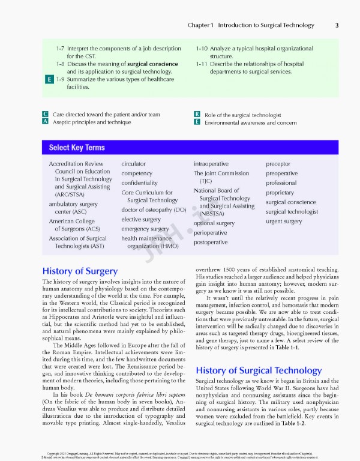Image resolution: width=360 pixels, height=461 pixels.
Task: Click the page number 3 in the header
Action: pyautogui.click(x=337, y=25)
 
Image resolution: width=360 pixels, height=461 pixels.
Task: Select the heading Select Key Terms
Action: pyautogui.click(x=77, y=148)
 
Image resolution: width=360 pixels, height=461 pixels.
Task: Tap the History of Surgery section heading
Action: pyautogui.click(x=80, y=271)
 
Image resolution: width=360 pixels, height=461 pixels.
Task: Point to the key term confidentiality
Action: pyautogui.click(x=139, y=182)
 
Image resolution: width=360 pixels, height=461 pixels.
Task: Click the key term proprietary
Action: pyautogui.click(x=280, y=193)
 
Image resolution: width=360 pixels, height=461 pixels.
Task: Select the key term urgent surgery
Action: pyautogui.click(x=284, y=221)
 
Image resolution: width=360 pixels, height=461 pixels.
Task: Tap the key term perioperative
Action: pyautogui.click(x=210, y=232)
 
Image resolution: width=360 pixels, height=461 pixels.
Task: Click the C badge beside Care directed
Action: pyautogui.click(x=46, y=114)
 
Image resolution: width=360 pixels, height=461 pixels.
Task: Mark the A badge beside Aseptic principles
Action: pyautogui.click(x=46, y=122)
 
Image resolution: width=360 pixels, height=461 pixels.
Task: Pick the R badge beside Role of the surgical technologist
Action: pyautogui.click(x=197, y=114)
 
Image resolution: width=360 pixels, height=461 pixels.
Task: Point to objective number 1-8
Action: pyautogui.click(x=60, y=64)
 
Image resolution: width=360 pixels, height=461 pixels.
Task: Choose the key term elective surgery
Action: pyautogui.click(x=141, y=219)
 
